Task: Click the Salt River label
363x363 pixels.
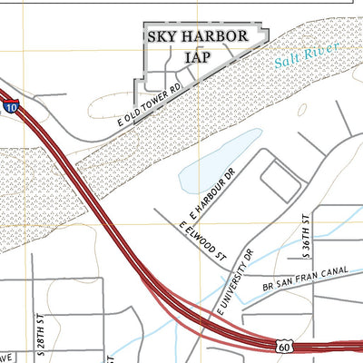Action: pyautogui.click(x=305, y=57)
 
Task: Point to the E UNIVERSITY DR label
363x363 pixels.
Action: pyautogui.click(x=233, y=286)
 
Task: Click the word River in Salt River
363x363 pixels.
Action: pyautogui.click(x=320, y=52)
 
